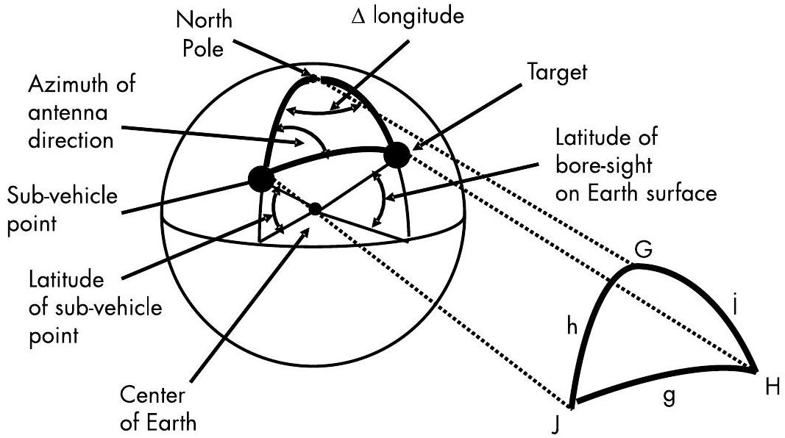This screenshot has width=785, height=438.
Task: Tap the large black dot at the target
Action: tap(397, 154)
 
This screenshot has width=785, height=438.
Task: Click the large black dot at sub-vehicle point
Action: tap(262, 178)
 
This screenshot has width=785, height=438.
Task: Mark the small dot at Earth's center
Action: tap(315, 209)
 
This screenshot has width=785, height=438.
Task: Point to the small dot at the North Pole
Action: tap(313, 77)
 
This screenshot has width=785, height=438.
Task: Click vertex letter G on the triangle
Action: tap(644, 251)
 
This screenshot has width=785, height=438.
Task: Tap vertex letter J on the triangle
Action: tap(563, 424)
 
